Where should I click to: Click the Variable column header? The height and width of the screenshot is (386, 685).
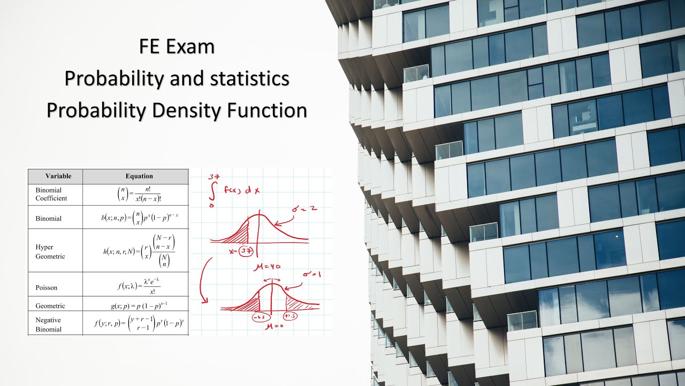click(x=55, y=176)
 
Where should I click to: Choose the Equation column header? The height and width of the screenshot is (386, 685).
click(x=139, y=176)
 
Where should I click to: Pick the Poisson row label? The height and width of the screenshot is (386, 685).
click(x=47, y=288)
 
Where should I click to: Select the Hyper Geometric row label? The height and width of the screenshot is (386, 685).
click(x=50, y=252)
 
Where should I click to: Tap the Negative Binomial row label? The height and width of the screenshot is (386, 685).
click(x=49, y=324)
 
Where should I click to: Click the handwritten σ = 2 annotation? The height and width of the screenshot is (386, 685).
click(x=305, y=209)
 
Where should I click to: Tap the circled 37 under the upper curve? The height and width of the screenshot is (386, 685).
click(x=246, y=252)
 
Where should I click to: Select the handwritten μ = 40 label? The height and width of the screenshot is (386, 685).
click(x=269, y=266)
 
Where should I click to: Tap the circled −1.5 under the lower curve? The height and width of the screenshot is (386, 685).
click(x=257, y=316)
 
